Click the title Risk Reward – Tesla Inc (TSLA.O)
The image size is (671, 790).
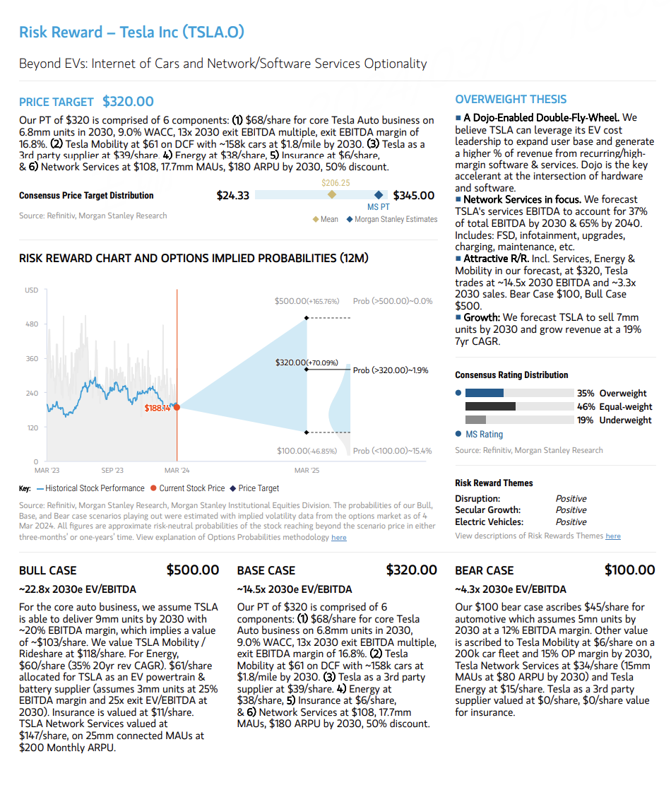click(x=131, y=32)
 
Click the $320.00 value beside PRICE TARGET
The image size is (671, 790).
click(x=128, y=102)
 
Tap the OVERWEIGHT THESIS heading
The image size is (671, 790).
click(x=511, y=100)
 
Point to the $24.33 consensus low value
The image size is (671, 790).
click(x=232, y=196)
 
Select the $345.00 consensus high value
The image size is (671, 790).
click(x=413, y=196)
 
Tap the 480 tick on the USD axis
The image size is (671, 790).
click(x=32, y=324)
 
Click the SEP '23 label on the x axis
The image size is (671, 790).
click(x=112, y=471)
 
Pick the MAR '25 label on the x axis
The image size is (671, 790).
click(x=307, y=471)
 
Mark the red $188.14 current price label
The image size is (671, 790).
click(x=158, y=408)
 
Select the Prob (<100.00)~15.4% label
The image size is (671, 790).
click(x=392, y=451)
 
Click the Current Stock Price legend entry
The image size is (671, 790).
click(x=187, y=488)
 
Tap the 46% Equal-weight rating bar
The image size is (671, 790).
click(x=490, y=406)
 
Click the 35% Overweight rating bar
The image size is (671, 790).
click(x=485, y=393)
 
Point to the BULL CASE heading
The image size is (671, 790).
click(x=48, y=570)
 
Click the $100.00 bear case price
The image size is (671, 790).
click(x=629, y=570)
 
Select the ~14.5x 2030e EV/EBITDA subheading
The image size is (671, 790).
click(x=294, y=589)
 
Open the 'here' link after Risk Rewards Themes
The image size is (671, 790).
click(x=612, y=536)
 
